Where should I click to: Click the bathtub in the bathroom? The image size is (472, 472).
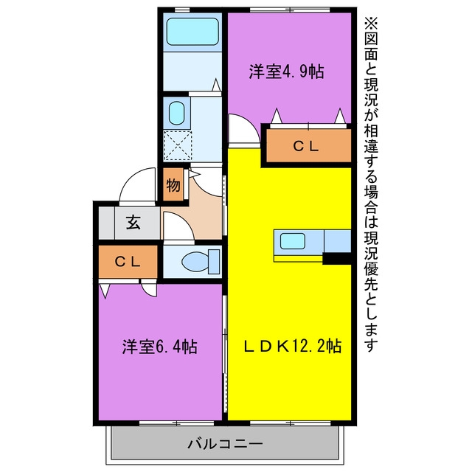(192, 32)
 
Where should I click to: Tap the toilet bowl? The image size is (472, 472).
(195, 261)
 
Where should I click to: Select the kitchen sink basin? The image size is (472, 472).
(293, 241)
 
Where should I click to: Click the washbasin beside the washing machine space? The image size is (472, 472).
(177, 113)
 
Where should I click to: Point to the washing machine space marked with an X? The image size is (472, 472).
(178, 146)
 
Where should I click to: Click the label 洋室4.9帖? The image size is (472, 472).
(286, 72)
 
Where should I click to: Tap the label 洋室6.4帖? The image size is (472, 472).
(159, 347)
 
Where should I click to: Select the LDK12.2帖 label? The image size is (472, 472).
(293, 346)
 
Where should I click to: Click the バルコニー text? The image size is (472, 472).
(225, 444)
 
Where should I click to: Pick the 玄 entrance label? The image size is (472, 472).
(133, 223)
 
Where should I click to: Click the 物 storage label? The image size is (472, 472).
(173, 185)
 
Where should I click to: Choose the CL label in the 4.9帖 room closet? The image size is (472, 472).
(306, 146)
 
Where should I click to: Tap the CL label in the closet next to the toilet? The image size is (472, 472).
(128, 262)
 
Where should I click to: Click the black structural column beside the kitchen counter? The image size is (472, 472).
(337, 259)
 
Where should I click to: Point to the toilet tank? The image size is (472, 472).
(214, 262)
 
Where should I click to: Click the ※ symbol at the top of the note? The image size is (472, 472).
(371, 23)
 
